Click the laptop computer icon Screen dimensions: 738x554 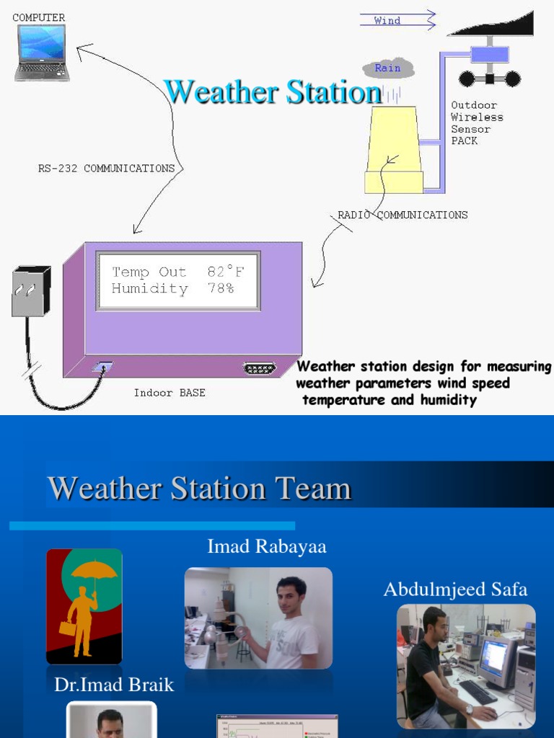pyautogui.click(x=42, y=52)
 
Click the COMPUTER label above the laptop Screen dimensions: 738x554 pyautogui.click(x=38, y=17)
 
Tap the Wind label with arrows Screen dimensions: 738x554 pyautogui.click(x=388, y=20)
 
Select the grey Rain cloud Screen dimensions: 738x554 pyautogui.click(x=388, y=68)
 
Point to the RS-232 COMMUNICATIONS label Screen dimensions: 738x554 pyautogui.click(x=106, y=168)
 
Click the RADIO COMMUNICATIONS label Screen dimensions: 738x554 pyautogui.click(x=403, y=215)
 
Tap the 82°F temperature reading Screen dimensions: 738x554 pyautogui.click(x=225, y=272)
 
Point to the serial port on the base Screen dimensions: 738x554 pyautogui.click(x=259, y=369)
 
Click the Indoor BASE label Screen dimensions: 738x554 pyautogui.click(x=170, y=393)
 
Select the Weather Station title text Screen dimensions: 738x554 pyautogui.click(x=273, y=92)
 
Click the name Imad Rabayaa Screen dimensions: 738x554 pyautogui.click(x=267, y=546)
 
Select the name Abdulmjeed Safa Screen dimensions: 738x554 pyautogui.click(x=455, y=590)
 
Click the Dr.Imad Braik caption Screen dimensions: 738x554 pyautogui.click(x=114, y=685)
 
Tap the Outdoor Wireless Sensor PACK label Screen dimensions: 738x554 pyautogui.click(x=477, y=123)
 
